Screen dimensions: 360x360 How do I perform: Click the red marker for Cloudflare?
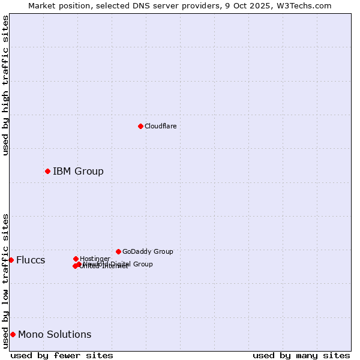point(140,126)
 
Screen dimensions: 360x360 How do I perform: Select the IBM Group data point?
point(47,172)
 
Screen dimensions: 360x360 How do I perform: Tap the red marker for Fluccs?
point(11,260)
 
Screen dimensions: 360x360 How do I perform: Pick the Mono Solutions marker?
point(13,334)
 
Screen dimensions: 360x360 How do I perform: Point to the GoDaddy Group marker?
point(118,251)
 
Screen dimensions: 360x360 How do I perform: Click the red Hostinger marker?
point(76,259)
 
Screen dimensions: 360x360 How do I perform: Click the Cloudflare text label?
point(160,126)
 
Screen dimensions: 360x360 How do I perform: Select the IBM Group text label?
point(78,172)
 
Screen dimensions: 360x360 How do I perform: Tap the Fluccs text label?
point(31,260)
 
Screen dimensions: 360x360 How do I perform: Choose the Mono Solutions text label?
point(55,335)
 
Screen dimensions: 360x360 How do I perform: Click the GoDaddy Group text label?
point(148,251)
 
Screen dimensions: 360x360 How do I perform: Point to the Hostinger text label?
point(95,259)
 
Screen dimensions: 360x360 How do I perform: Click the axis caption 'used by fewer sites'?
point(62,355)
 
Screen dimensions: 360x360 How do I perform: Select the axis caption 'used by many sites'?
point(301,355)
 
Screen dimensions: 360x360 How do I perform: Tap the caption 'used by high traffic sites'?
point(5,85)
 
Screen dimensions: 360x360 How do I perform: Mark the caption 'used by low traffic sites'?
point(5,281)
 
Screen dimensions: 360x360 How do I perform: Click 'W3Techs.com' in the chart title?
point(307,5)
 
